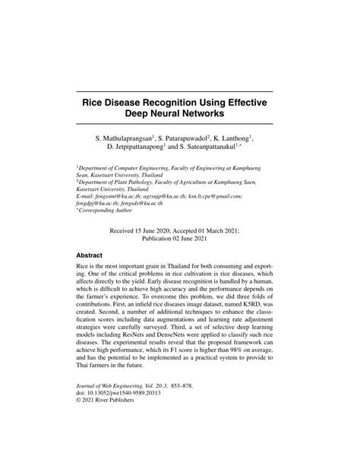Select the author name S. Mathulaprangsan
(x=124, y=139)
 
